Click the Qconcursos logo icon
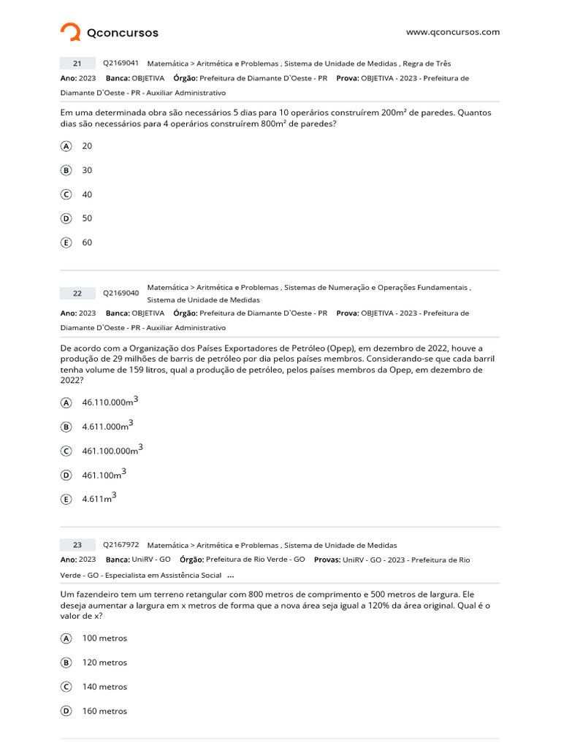point(70,32)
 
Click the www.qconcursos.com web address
point(453,32)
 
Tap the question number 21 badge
point(77,64)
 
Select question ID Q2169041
point(121,64)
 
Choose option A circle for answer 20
point(66,146)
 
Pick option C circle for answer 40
point(66,194)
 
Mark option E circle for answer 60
point(66,243)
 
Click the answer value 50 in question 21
point(87,218)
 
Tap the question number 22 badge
point(77,294)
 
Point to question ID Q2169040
point(121,294)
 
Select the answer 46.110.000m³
point(110,402)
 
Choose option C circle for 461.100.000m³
point(66,451)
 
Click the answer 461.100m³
point(104,475)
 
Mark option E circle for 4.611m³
point(66,500)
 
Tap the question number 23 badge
point(77,545)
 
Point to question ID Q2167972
point(121,545)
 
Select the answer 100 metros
point(104,638)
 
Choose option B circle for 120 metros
point(66,663)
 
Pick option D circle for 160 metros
point(66,711)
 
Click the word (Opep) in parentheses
point(341,348)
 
